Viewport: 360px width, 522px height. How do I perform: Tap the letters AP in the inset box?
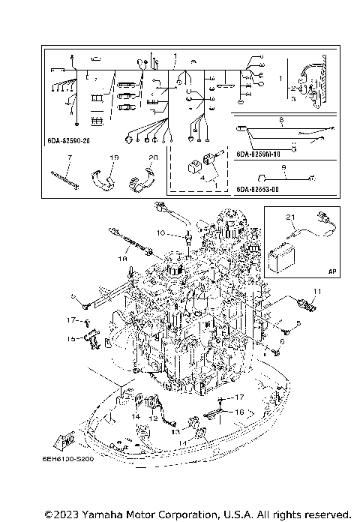click(331, 273)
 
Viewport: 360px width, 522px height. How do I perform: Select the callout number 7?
click(68, 158)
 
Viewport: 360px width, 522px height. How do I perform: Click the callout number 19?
click(114, 158)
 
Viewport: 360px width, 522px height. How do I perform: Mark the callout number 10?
click(160, 233)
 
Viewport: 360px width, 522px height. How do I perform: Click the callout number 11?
click(317, 291)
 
